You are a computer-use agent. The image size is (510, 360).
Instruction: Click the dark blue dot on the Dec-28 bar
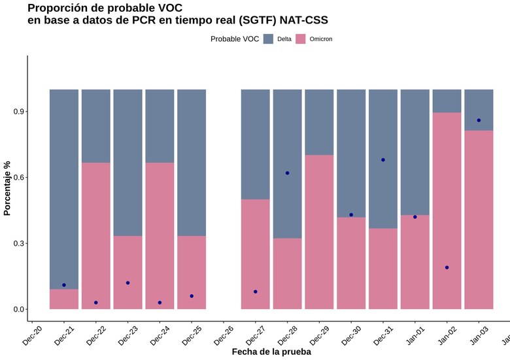pos(287,173)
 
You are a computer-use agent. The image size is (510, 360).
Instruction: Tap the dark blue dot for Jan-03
pos(479,120)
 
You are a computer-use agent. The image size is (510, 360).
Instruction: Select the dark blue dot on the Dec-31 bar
pos(383,159)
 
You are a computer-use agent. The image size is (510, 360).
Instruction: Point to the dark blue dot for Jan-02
pos(447,267)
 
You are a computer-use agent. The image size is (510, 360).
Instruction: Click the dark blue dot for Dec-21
pos(64,285)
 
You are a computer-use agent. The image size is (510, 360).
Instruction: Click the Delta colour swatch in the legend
pos(268,39)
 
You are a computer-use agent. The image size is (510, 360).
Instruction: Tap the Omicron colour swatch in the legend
pos(301,39)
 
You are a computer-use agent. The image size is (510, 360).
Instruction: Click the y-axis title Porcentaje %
pos(8,188)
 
